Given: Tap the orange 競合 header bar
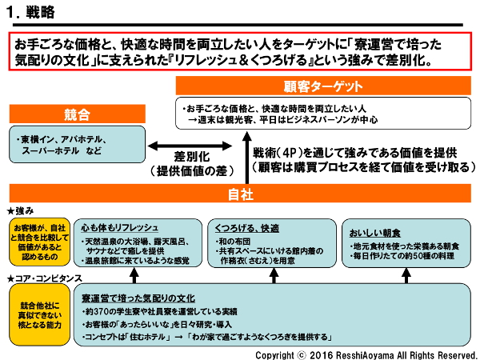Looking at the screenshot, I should click(77, 115).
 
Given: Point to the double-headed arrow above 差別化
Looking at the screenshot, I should click(190, 145).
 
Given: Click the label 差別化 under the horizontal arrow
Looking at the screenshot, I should click(190, 158).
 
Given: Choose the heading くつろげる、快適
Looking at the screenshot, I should click(246, 226).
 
